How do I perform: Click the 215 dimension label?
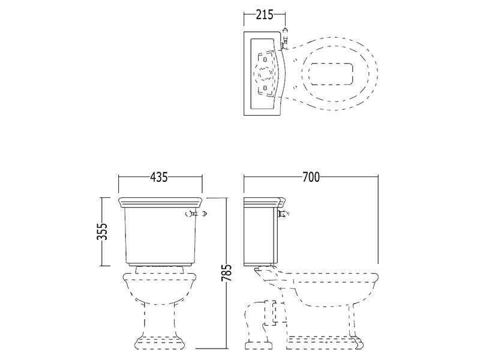click(x=265, y=14)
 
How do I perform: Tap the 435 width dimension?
click(x=159, y=177)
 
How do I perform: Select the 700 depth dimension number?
click(x=311, y=177)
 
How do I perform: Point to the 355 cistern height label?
click(x=104, y=231)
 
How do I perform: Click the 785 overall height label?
click(x=227, y=273)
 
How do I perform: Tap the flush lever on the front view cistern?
click(x=197, y=214)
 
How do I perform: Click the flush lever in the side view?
click(x=283, y=214)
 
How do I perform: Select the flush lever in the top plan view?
click(x=284, y=38)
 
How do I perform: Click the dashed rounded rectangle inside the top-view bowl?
click(x=331, y=74)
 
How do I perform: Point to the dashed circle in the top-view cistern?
click(x=263, y=73)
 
